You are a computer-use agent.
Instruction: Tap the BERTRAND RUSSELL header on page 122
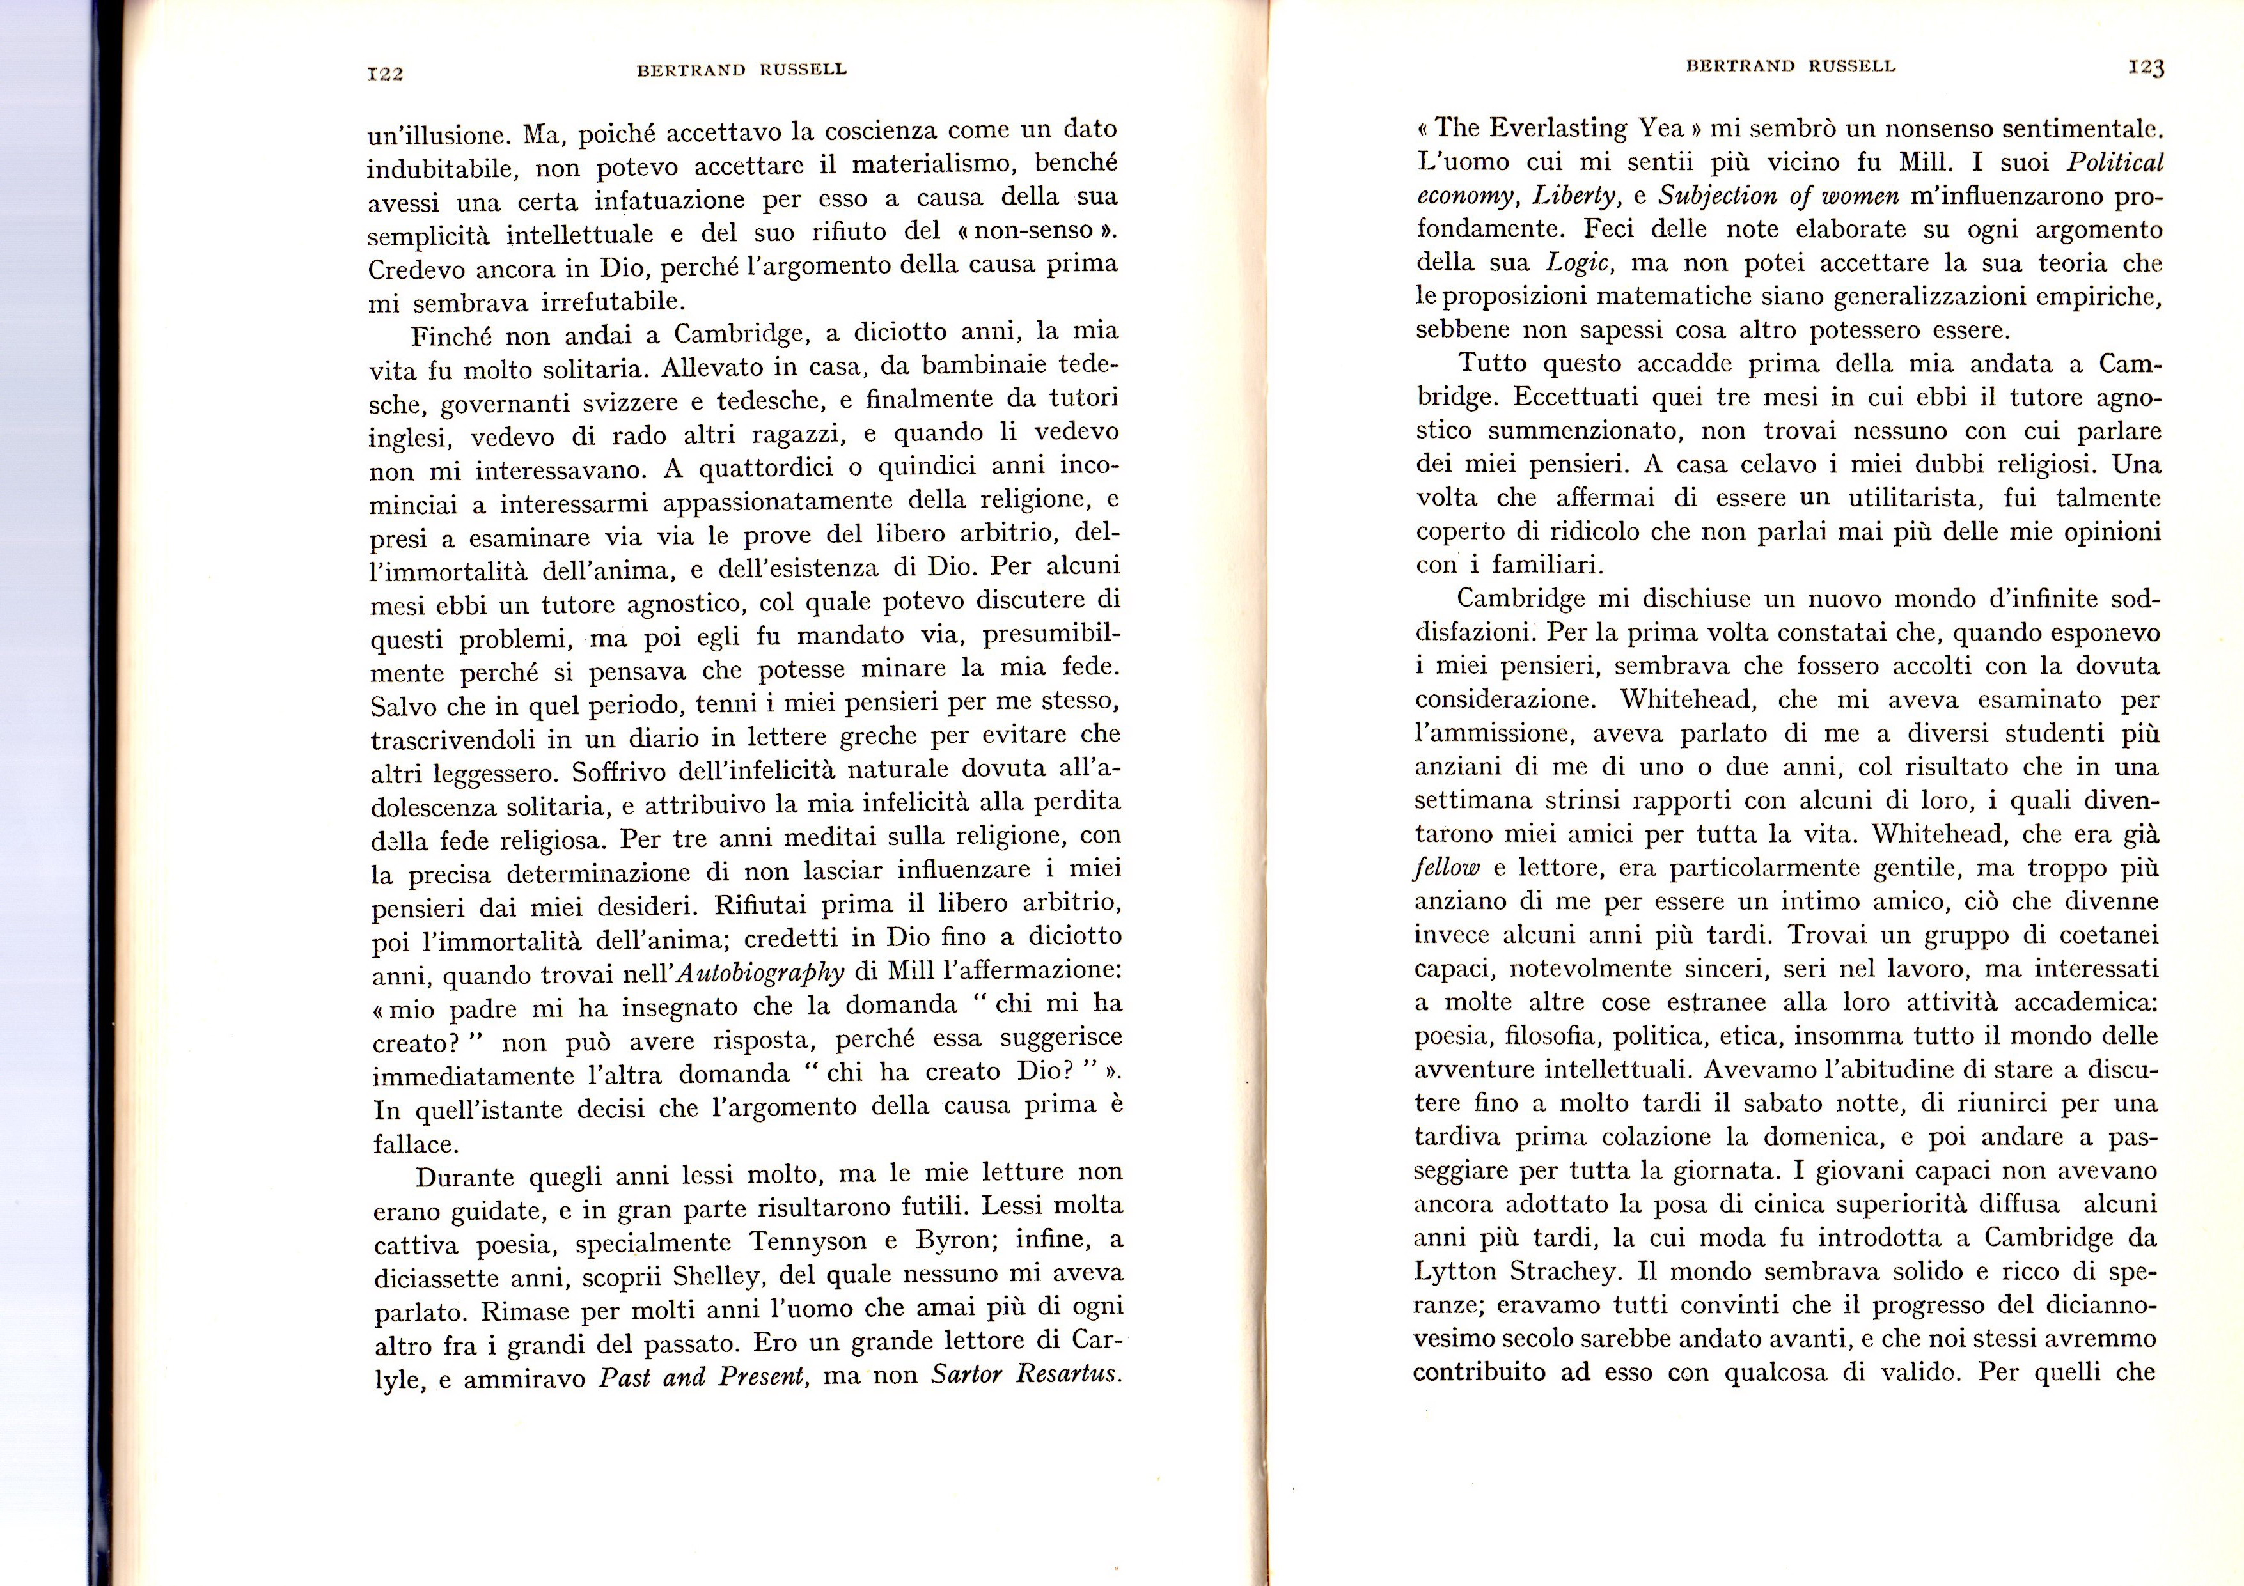click(x=741, y=70)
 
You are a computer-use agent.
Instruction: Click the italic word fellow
click(x=1447, y=869)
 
